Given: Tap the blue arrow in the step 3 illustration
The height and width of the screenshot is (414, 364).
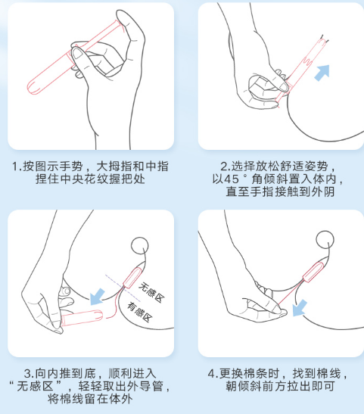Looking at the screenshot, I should point(98,294).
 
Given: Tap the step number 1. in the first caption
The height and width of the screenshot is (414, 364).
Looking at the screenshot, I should point(17,166).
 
